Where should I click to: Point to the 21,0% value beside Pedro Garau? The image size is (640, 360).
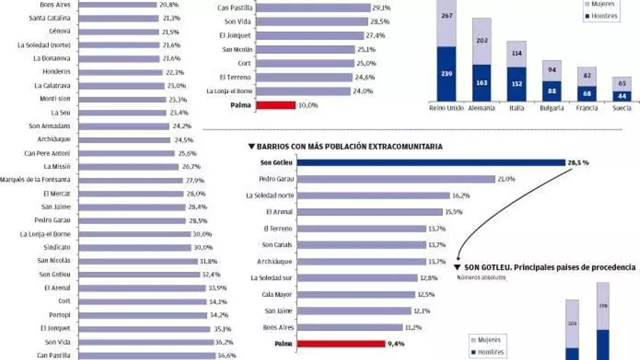click(x=506, y=179)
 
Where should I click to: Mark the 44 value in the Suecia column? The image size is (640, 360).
click(x=621, y=95)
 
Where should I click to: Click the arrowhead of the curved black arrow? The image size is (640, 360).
click(x=457, y=256)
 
